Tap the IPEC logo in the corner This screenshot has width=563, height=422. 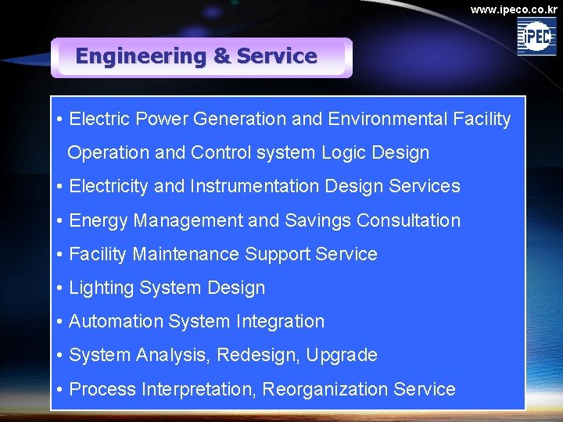pos(536,37)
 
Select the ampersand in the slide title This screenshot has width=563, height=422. pos(221,56)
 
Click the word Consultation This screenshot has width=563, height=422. pos(408,220)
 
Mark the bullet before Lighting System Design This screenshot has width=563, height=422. pos(60,288)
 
